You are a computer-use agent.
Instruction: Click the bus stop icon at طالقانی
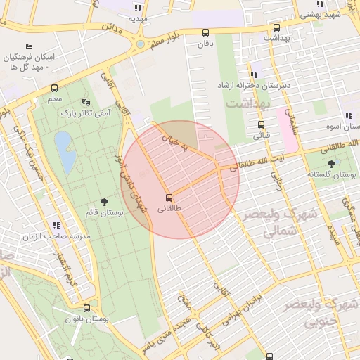tap(169, 197)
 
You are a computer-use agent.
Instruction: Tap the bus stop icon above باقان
tap(205, 32)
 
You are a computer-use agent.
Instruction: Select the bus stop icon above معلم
tap(55, 89)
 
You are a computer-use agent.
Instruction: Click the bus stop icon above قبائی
tap(262, 125)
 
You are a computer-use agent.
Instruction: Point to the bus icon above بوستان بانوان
tap(87, 308)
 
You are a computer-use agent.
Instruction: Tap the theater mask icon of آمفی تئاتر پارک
tap(87, 102)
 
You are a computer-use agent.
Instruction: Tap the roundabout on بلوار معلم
tap(140, 44)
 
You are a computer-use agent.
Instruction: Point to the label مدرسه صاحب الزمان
tap(56, 237)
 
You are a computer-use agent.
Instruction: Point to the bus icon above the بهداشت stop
tap(277, 28)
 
